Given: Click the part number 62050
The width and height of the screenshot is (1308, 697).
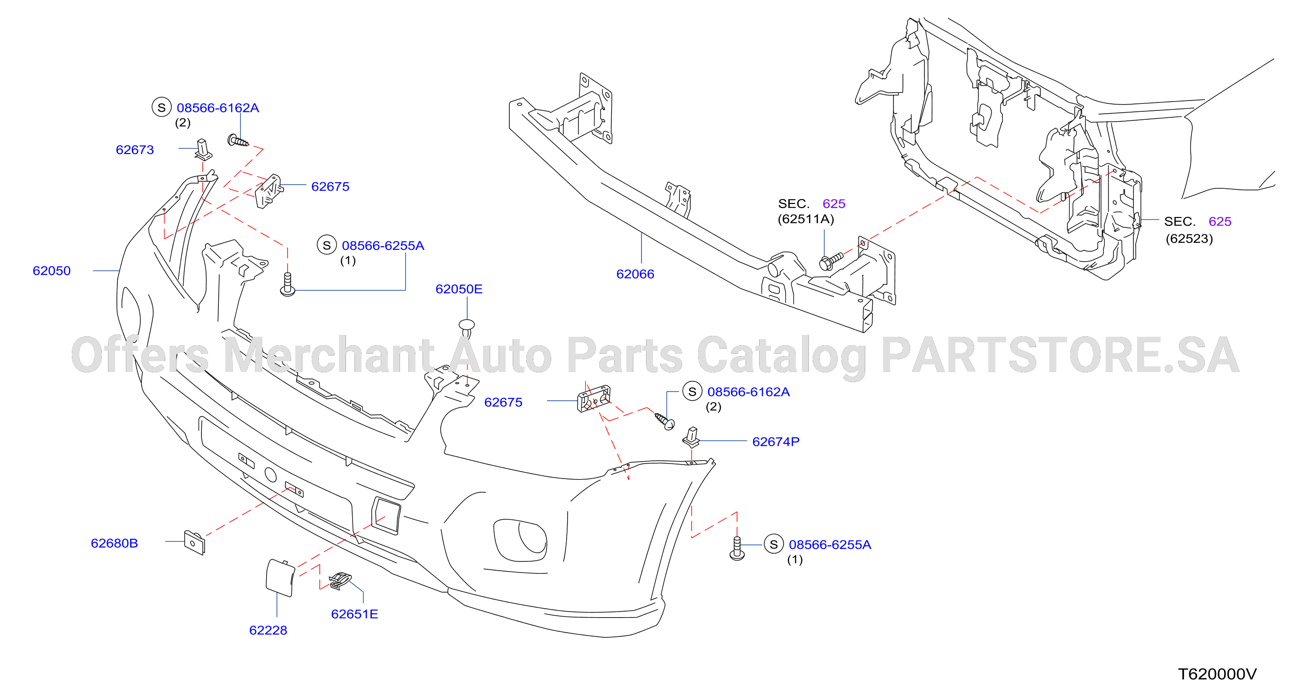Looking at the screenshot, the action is [x=51, y=271].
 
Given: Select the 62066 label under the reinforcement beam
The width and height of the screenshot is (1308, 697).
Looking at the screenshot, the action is [x=635, y=274].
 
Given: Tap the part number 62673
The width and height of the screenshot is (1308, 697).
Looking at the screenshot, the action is [x=135, y=150].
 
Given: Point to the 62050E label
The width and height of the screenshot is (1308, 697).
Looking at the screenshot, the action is [x=459, y=289].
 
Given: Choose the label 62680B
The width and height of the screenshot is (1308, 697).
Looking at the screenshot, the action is [x=114, y=543].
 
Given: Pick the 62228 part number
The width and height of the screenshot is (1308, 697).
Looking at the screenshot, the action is [x=268, y=630].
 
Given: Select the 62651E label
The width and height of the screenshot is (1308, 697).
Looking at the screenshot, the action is [x=354, y=614].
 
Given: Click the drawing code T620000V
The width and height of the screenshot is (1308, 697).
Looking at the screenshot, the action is [x=1217, y=674].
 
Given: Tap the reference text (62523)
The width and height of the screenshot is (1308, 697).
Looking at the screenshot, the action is [x=1189, y=239].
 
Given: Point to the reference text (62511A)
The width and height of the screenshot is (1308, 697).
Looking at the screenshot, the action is [x=806, y=219].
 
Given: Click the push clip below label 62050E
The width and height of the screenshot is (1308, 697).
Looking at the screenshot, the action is [x=467, y=328].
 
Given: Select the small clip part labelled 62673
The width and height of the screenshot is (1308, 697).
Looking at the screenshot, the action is [x=203, y=149].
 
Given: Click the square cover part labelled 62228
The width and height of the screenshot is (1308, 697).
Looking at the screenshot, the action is [x=280, y=578].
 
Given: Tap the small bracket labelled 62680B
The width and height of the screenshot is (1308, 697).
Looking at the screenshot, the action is [x=194, y=543].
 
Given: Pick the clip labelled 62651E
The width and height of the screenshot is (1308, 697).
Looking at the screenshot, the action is [x=340, y=581].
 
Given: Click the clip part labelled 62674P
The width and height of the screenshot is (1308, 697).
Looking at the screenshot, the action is [x=692, y=437].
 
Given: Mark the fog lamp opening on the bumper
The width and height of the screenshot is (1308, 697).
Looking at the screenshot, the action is [x=521, y=540].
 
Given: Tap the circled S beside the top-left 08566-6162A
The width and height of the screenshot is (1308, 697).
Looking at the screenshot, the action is [x=162, y=107].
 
